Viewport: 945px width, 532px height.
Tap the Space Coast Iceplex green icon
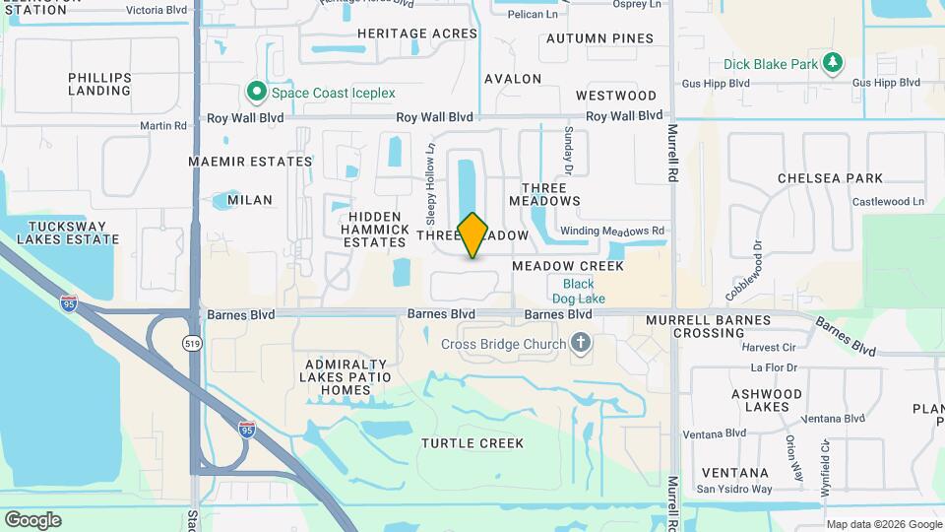(x=257, y=93)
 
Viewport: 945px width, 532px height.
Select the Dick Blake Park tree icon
(x=834, y=64)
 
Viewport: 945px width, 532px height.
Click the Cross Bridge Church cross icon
(x=581, y=344)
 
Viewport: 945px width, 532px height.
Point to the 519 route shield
(x=193, y=342)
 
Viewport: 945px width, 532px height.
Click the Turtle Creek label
(x=472, y=443)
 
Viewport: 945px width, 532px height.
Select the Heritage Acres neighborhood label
(x=416, y=33)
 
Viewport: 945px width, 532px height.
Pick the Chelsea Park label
(x=830, y=178)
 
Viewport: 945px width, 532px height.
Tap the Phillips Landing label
(x=99, y=84)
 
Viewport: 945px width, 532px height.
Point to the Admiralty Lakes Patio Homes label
(x=348, y=377)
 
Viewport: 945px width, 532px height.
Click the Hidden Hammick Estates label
(x=375, y=229)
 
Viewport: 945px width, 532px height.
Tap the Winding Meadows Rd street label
(x=612, y=232)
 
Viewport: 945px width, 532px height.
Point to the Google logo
(x=32, y=519)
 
